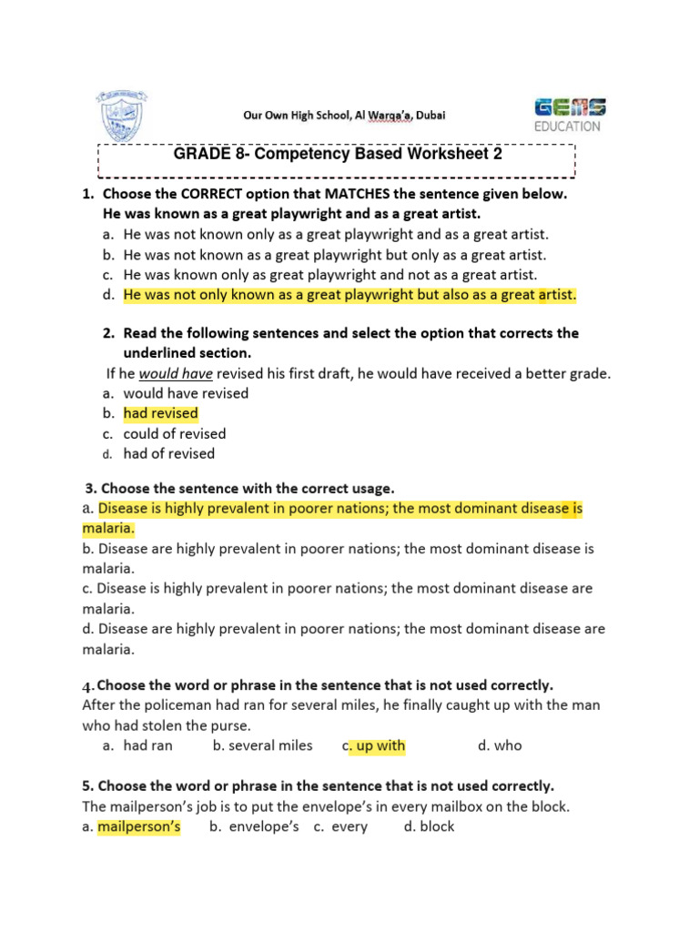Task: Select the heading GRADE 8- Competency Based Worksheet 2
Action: (338, 155)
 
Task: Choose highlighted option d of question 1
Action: (349, 294)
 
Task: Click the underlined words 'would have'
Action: (176, 373)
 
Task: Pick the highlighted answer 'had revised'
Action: (160, 413)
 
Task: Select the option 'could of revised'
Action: (175, 433)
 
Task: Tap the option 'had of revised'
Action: (169, 453)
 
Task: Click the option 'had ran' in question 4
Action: (148, 745)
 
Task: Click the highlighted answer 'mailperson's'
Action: (139, 826)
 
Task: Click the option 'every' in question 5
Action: (349, 826)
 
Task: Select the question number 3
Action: (89, 489)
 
